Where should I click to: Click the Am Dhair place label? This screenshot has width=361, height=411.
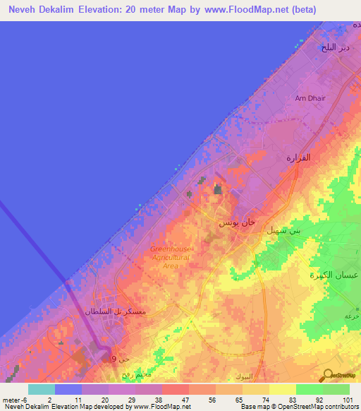point(310,98)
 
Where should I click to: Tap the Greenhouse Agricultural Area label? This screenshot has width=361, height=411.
point(170,257)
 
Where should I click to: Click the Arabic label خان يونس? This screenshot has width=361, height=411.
point(235,222)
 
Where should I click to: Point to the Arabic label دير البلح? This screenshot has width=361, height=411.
point(335,48)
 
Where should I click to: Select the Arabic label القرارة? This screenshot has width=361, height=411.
point(298,158)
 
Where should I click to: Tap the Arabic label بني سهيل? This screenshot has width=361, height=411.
point(283,230)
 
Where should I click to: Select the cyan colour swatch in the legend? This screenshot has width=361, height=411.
point(41,389)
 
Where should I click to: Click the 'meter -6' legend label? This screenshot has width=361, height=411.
point(15,399)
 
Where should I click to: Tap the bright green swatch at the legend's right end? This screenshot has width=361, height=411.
point(336,389)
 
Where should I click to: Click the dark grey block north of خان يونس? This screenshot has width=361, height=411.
point(218,189)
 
